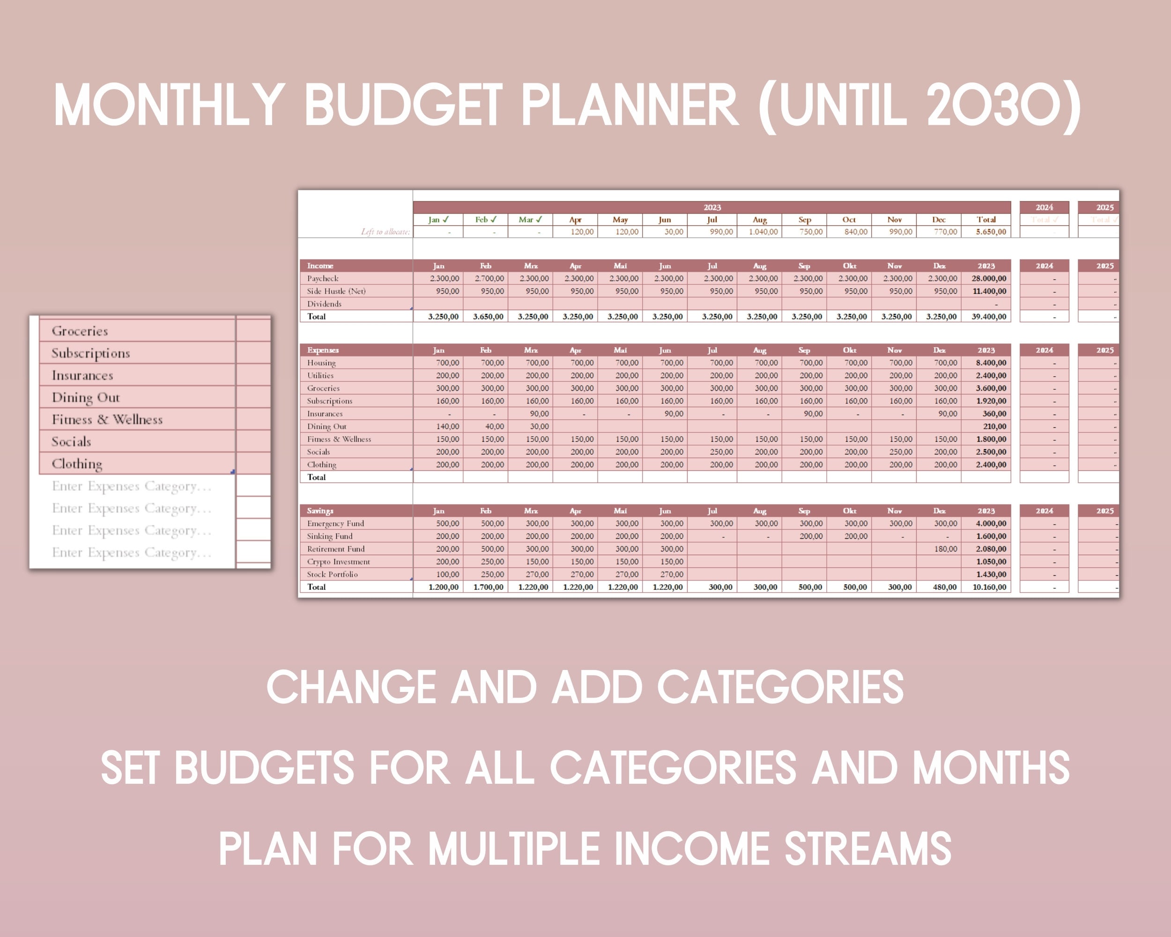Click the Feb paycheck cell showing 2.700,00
point(489,278)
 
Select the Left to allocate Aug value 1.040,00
point(763,232)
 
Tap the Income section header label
point(320,266)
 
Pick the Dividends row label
point(324,304)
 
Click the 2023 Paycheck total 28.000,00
point(988,278)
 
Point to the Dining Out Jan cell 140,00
point(447,426)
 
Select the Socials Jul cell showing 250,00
point(721,452)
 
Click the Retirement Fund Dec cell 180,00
point(945,549)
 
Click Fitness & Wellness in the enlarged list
point(107,420)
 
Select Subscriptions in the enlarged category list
point(91,354)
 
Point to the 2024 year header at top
point(1044,208)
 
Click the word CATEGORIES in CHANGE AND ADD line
point(780,688)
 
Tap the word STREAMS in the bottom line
point(867,849)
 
